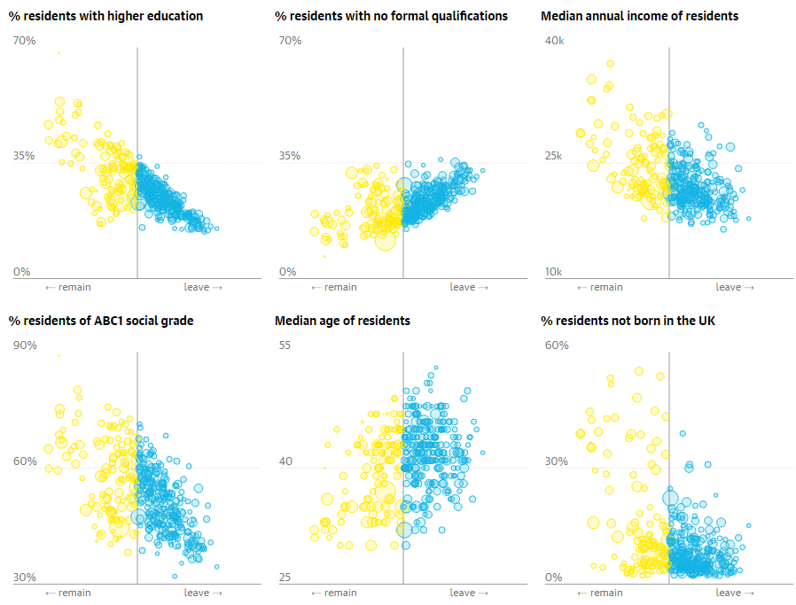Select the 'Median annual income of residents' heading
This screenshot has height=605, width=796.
click(x=639, y=16)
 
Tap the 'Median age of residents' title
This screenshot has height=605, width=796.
click(x=342, y=321)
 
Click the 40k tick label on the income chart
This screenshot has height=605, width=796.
click(x=554, y=41)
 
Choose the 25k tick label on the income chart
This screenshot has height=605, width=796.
click(x=554, y=156)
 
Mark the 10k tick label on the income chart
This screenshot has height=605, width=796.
click(x=554, y=272)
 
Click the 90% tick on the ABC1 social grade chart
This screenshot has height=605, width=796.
click(x=25, y=345)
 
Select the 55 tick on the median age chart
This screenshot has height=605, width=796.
click(x=285, y=345)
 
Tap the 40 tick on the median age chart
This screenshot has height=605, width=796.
click(x=285, y=462)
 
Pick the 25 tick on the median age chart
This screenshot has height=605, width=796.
click(x=285, y=578)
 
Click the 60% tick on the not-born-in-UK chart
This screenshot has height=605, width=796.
click(x=556, y=345)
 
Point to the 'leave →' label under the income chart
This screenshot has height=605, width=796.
click(x=735, y=287)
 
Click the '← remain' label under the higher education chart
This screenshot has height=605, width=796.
click(x=67, y=287)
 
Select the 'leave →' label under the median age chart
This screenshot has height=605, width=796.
click(x=469, y=593)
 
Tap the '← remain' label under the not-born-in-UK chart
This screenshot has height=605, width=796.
click(x=599, y=593)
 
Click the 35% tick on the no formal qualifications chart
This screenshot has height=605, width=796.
click(x=290, y=156)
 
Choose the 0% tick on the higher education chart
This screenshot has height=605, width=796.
click(x=21, y=272)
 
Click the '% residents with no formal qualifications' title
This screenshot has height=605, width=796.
click(x=391, y=16)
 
